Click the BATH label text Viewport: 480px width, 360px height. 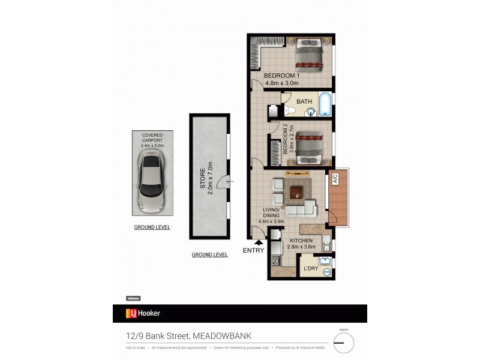click(304, 101)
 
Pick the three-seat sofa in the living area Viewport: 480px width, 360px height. click(300, 211)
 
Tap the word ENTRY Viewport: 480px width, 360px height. click(253, 251)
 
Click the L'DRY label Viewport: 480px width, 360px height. click(310, 268)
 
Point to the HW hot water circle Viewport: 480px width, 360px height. click(327, 272)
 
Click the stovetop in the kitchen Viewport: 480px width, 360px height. click(276, 261)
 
